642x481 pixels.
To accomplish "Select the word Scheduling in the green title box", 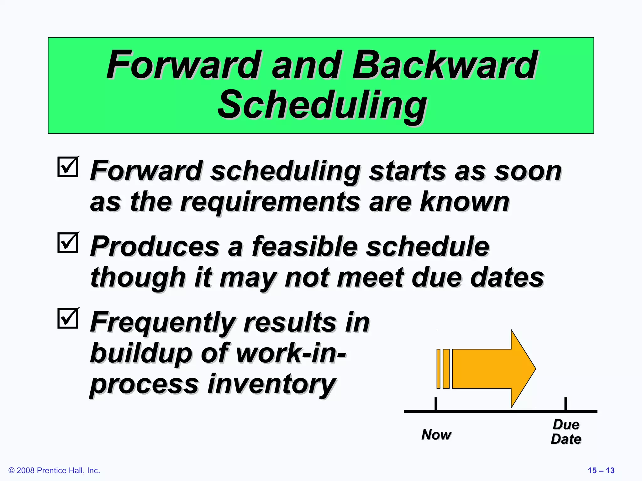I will click(322, 105).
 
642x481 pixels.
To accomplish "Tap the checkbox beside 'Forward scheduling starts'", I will click(68, 167).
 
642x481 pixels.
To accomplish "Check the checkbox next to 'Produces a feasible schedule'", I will click(68, 243).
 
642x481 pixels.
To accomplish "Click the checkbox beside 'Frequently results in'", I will click(68, 318).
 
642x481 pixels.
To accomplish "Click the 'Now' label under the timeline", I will click(436, 435).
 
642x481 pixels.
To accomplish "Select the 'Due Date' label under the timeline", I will click(566, 432).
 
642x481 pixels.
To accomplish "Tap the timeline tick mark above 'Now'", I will click(436, 404).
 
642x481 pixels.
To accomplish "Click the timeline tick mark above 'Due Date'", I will click(566, 404).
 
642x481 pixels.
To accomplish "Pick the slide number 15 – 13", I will click(601, 470).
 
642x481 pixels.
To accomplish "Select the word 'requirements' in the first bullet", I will click(270, 202).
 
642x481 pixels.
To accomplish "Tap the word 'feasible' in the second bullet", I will click(304, 247).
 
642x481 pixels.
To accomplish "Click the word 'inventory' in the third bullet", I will click(271, 385).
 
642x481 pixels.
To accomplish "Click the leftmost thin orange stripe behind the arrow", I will click(439, 369).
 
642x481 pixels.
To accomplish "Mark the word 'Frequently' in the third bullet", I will click(162, 323).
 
